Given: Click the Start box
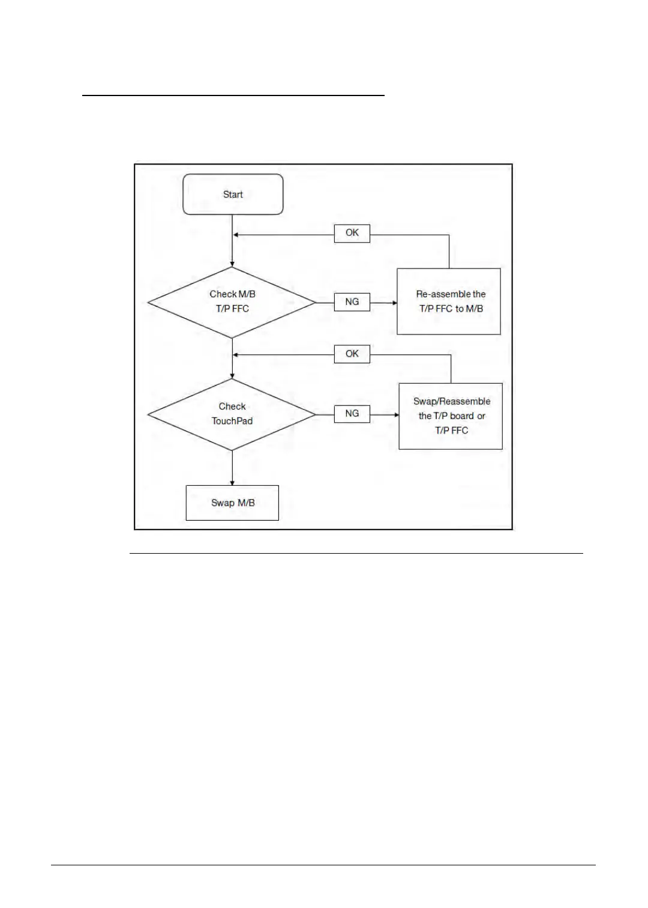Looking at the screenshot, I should click(x=233, y=195).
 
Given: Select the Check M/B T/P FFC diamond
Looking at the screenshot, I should click(x=232, y=302).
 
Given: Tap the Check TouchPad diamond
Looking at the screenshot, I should click(x=232, y=414).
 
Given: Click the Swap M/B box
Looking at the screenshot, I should click(x=232, y=503).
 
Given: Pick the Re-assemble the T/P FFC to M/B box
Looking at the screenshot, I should click(x=449, y=301).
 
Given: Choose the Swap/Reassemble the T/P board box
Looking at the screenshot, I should click(x=451, y=416).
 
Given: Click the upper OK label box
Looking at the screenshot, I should click(x=352, y=233).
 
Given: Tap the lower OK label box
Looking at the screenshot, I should click(x=352, y=354).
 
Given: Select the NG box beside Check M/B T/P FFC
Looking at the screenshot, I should click(x=352, y=302).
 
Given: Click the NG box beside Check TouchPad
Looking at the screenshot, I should click(x=352, y=414).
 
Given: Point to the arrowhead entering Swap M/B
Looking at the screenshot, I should click(x=232, y=482).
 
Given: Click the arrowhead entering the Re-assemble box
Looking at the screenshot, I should click(x=394, y=303).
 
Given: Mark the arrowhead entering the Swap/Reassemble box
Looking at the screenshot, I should click(x=395, y=414).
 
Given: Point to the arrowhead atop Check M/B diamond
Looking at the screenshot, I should click(x=232, y=264).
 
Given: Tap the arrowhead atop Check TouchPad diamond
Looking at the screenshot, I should click(x=232, y=375).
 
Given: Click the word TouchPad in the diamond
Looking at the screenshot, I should click(x=232, y=421).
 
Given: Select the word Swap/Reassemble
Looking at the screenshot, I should click(x=452, y=402).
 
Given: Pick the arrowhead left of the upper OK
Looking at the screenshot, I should click(x=236, y=235).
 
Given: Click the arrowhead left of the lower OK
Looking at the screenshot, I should click(x=236, y=355).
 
